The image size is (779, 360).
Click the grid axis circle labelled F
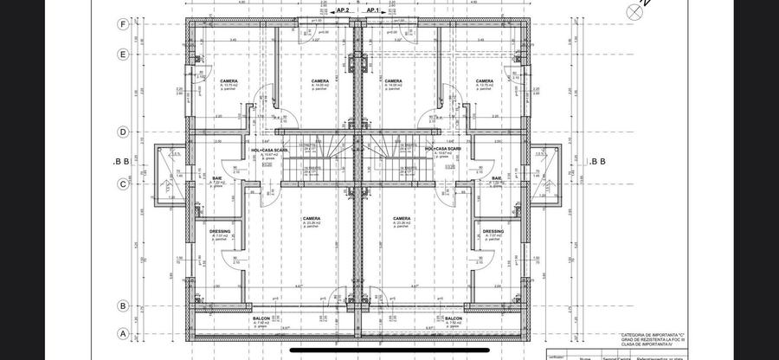click(123, 25)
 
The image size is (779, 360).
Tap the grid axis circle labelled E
click(123, 54)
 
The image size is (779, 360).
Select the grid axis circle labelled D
click(123, 132)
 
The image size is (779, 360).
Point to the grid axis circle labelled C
click(123, 183)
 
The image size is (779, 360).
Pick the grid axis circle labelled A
click(123, 333)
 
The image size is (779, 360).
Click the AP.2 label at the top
click(342, 10)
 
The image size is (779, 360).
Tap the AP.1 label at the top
click(374, 10)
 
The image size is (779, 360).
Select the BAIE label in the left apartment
click(217, 178)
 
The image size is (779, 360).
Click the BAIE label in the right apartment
click(497, 178)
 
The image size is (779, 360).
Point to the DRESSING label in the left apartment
click(219, 231)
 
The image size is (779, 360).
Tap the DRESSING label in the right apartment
click(493, 231)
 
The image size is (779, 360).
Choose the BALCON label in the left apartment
click(261, 318)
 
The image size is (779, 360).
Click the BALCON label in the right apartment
click(453, 318)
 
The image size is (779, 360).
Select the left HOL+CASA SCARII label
click(269, 149)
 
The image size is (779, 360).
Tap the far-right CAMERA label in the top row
click(485, 81)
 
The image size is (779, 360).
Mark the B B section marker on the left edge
click(121, 162)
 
